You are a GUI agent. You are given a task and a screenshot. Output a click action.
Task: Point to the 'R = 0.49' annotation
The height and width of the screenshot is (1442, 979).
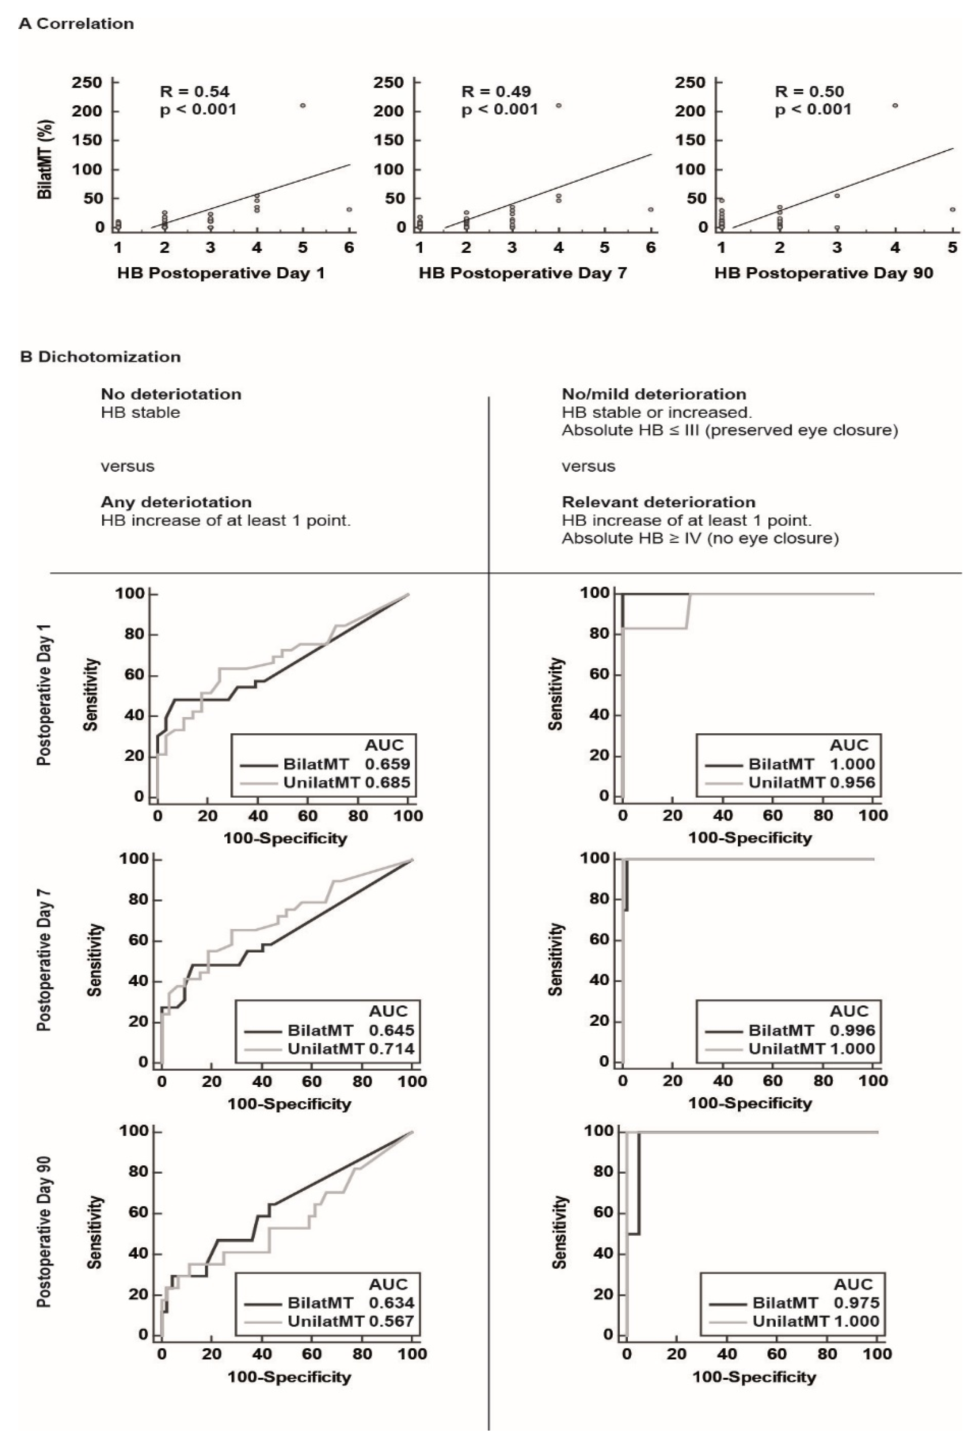496,92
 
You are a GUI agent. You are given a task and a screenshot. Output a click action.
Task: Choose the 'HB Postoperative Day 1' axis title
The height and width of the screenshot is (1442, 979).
220,273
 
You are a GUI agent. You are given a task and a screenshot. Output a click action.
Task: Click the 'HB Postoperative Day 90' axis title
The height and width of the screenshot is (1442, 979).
823,273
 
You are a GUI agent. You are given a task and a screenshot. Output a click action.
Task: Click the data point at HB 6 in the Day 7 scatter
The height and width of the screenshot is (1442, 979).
651,210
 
